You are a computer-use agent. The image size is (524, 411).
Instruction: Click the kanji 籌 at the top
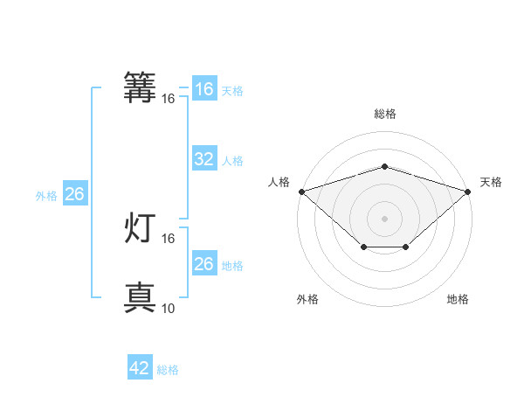[x=141, y=88]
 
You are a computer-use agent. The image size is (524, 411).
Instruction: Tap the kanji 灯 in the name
[x=141, y=228]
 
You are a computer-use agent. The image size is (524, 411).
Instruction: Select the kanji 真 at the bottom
[x=141, y=298]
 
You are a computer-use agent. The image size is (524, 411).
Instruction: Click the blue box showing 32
[x=203, y=159]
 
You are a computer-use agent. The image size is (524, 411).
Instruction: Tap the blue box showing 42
[x=140, y=368]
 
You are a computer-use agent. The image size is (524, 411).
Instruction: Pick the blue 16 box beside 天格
[x=203, y=89]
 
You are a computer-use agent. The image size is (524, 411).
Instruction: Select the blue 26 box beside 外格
[x=74, y=194]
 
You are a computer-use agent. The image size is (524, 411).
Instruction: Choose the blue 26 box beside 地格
[x=203, y=264]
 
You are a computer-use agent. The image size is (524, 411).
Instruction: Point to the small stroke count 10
[x=169, y=308]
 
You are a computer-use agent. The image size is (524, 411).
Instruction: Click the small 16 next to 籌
[x=169, y=99]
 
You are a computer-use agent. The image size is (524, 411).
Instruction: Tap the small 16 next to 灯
[x=169, y=238]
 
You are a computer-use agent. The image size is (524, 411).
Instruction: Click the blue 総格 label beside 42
[x=168, y=370]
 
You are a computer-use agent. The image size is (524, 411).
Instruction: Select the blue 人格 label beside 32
[x=232, y=161]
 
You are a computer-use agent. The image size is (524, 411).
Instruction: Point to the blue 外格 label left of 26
[x=46, y=196]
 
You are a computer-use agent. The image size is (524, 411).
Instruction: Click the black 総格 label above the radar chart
[x=385, y=114]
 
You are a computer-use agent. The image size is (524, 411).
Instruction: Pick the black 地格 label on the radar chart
[x=458, y=300]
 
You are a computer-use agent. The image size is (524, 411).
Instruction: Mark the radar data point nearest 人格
[x=301, y=191]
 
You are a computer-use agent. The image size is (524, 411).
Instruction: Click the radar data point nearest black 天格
[x=469, y=191]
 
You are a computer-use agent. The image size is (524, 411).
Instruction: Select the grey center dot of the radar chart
[x=385, y=218]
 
